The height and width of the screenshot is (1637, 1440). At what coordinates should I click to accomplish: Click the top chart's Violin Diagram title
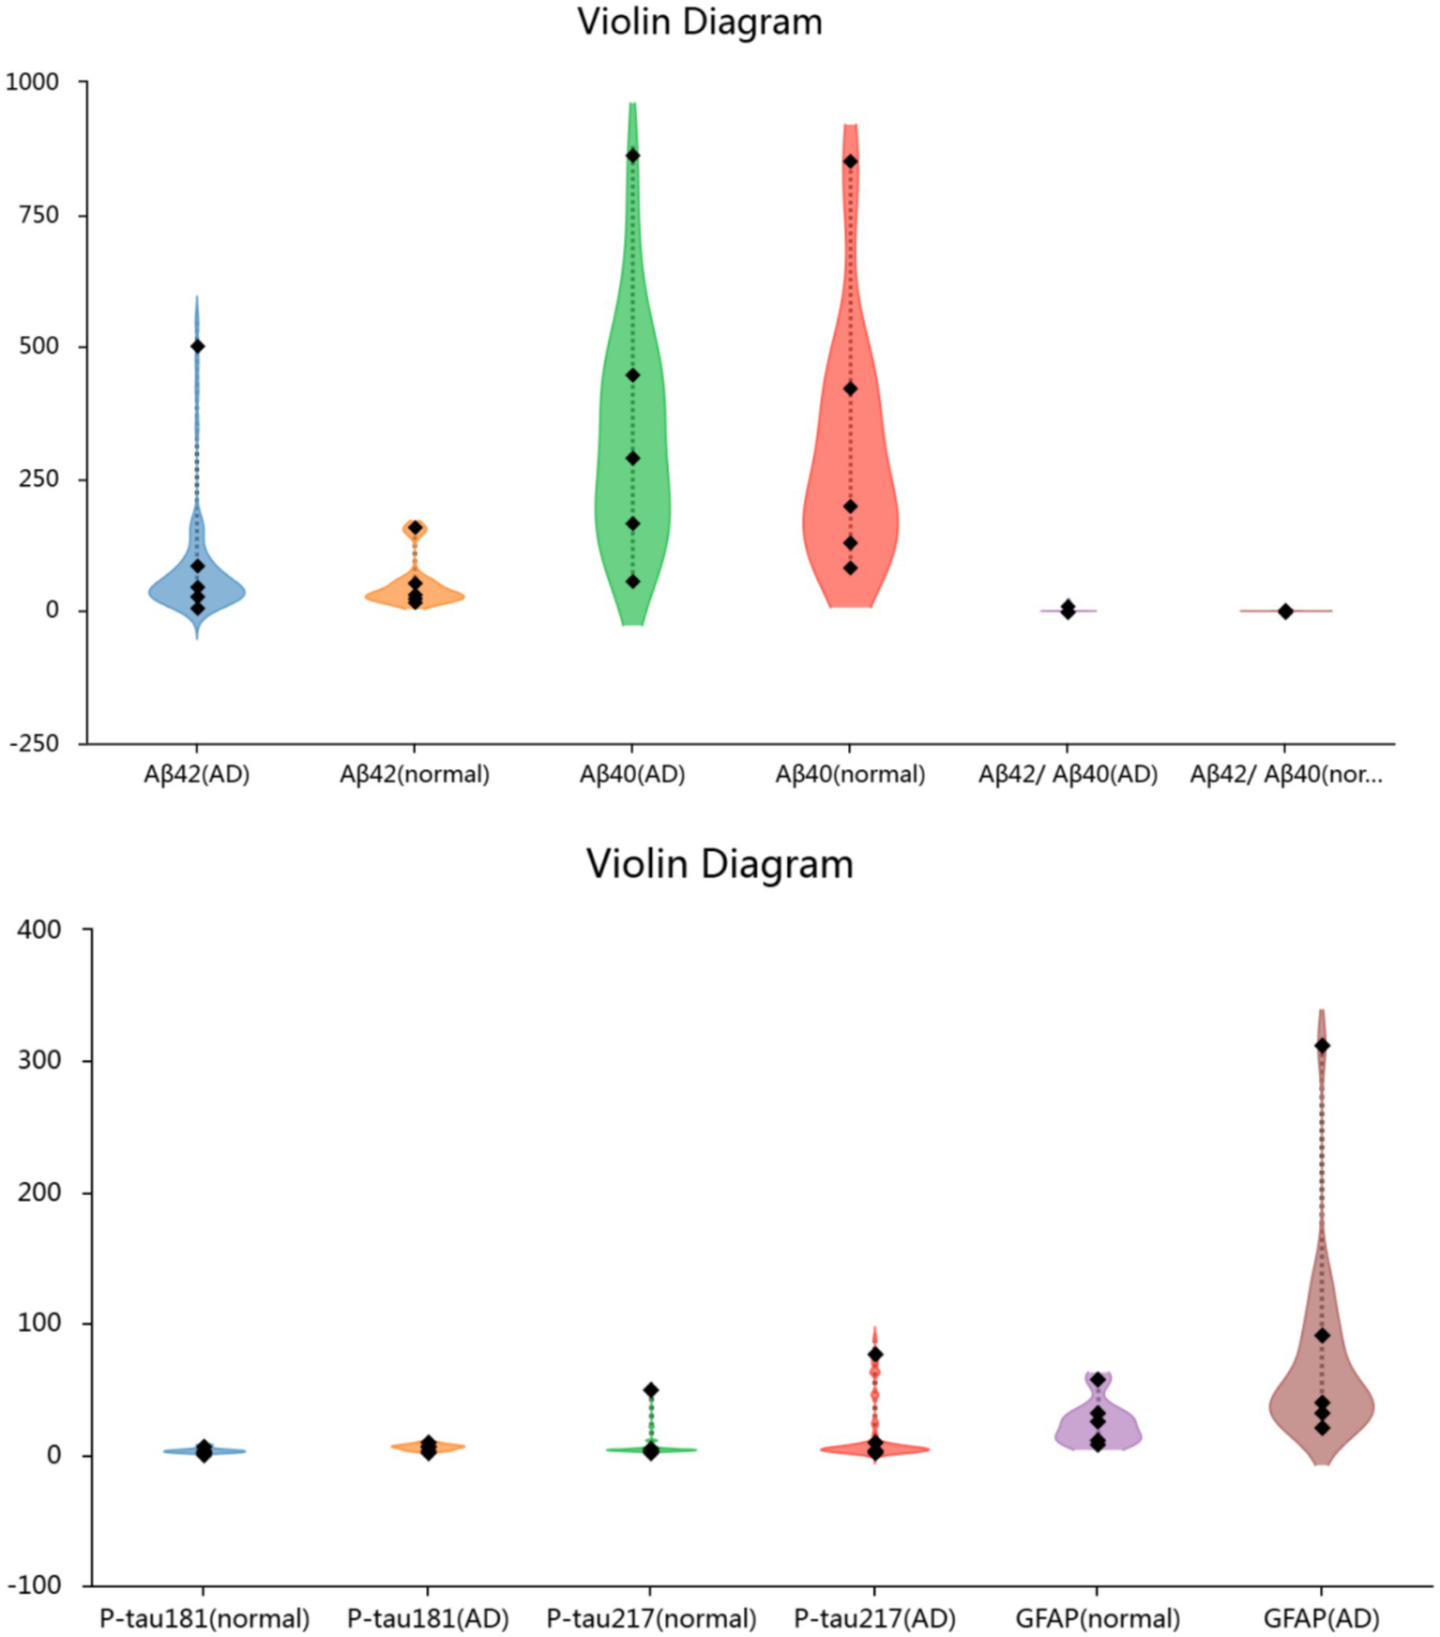tap(699, 23)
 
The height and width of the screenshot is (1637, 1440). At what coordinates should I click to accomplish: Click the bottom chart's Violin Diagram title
tap(720, 864)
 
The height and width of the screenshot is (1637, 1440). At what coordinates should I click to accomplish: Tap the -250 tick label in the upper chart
tap(34, 743)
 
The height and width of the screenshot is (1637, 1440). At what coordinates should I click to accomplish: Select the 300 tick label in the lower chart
tap(40, 1061)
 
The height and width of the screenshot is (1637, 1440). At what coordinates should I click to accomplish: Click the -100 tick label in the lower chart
tap(36, 1585)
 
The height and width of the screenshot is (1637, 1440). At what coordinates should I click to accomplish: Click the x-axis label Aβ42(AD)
tap(197, 775)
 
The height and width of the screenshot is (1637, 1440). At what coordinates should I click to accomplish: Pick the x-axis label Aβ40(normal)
tap(850, 775)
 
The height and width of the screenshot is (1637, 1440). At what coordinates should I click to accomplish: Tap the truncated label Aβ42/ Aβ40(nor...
tap(1285, 775)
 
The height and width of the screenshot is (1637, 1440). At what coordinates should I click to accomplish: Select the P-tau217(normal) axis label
tap(651, 1619)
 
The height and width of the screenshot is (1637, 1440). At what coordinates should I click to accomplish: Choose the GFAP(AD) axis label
tap(1321, 1619)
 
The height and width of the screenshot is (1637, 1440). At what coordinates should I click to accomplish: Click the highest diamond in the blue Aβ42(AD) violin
tap(197, 346)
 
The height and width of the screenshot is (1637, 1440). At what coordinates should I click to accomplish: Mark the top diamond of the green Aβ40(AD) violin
tap(632, 156)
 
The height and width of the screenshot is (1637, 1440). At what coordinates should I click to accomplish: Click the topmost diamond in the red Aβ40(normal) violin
tap(850, 161)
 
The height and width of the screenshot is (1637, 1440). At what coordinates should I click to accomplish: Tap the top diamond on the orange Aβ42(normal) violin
tap(415, 527)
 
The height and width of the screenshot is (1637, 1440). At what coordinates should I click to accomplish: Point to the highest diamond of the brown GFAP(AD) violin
tap(1322, 1046)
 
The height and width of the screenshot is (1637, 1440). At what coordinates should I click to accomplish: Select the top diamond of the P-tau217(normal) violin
tap(651, 1390)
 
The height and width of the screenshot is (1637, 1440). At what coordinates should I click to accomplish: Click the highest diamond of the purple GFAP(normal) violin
tap(1098, 1380)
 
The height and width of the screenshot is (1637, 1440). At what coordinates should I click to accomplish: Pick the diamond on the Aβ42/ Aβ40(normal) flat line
tap(1285, 612)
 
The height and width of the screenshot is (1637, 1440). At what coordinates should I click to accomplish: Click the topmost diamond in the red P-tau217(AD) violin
tap(874, 1355)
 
